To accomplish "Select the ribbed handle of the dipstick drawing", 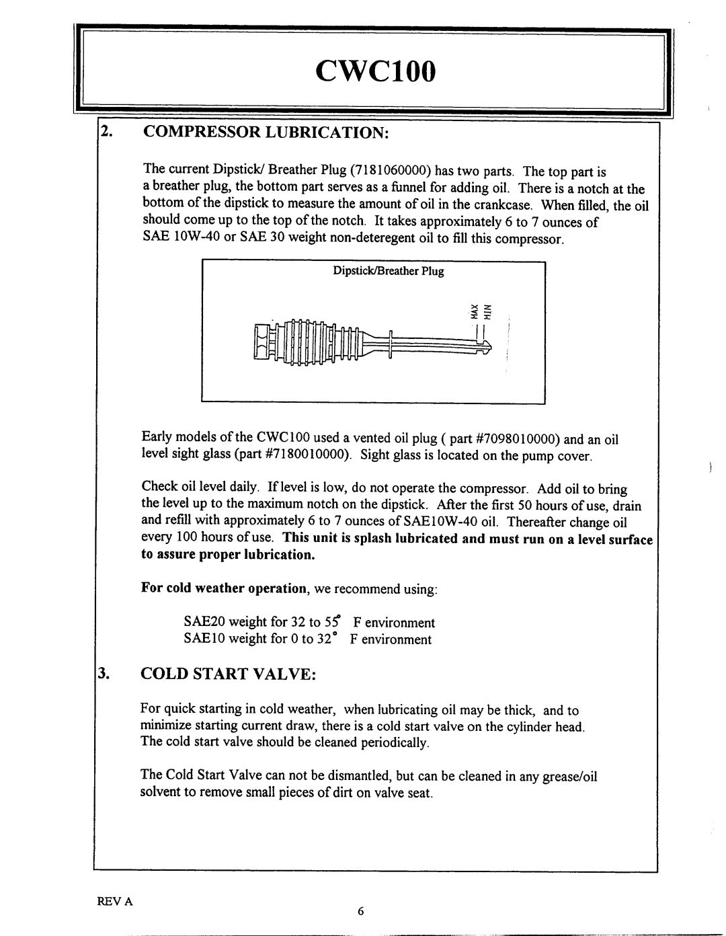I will [306, 341].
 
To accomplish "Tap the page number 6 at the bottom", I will [360, 912].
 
